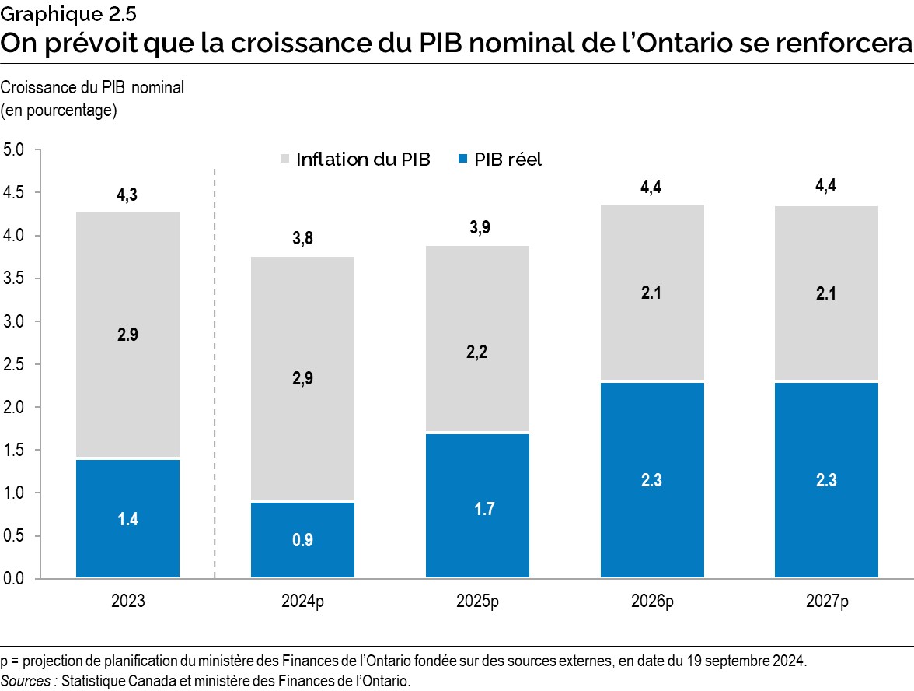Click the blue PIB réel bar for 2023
click(x=127, y=518)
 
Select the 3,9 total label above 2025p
click(x=477, y=228)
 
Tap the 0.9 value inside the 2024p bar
click(x=302, y=540)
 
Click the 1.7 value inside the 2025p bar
click(x=477, y=509)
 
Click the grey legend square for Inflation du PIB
click(x=284, y=160)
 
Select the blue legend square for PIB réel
click(x=463, y=160)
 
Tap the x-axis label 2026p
click(x=651, y=602)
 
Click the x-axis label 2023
click(x=127, y=602)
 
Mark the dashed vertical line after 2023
click(x=215, y=374)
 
